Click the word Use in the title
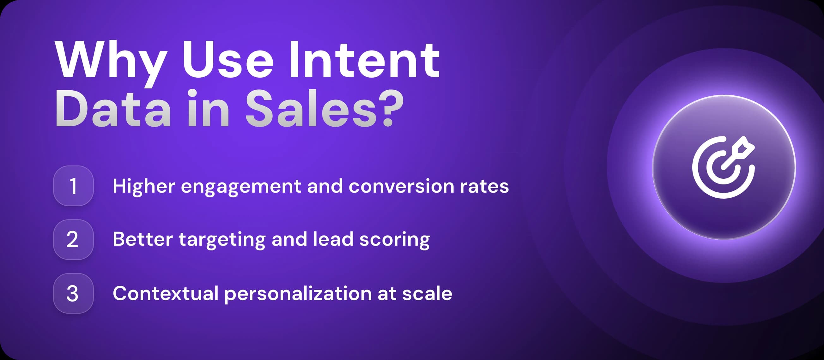coord(228,59)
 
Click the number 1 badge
coord(73,186)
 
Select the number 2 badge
coord(73,239)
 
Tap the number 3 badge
coord(73,293)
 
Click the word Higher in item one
coord(144,187)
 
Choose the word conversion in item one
coord(401,186)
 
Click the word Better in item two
coord(143,239)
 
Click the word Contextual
coord(165,293)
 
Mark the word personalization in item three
coord(298,294)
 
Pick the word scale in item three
coord(427,293)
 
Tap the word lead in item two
coord(333,239)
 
